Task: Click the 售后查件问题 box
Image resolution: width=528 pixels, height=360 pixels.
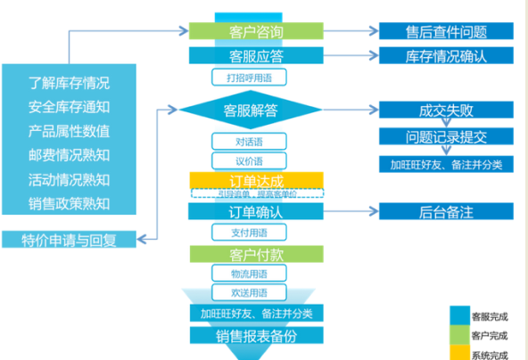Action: tap(445, 31)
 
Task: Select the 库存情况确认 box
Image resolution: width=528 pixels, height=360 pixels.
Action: tap(445, 55)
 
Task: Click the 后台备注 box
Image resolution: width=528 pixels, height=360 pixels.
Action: tap(445, 211)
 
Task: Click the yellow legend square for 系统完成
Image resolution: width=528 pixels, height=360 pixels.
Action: tap(462, 353)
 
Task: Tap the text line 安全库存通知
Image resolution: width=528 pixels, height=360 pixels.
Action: tap(69, 108)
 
